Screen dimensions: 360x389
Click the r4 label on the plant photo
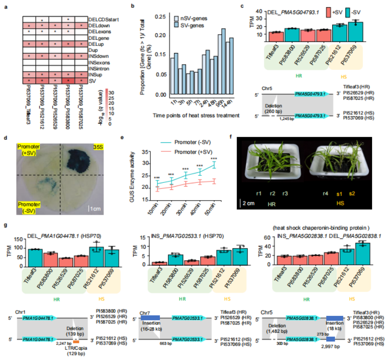pyautogui.click(x=325, y=193)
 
